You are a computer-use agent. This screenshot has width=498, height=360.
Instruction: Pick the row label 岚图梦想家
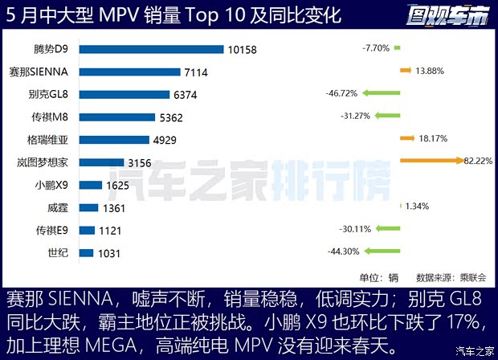coord(47,162)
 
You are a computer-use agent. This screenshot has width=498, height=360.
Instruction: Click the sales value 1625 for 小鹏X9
coord(118,185)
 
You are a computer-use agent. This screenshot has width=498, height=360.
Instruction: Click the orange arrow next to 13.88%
coord(406,71)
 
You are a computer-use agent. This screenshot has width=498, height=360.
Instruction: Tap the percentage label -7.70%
coord(375,48)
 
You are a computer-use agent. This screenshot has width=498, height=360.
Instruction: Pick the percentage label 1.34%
coord(417,207)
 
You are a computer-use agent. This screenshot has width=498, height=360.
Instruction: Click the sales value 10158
coord(242,50)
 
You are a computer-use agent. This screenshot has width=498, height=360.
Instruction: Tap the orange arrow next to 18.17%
coord(407,138)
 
